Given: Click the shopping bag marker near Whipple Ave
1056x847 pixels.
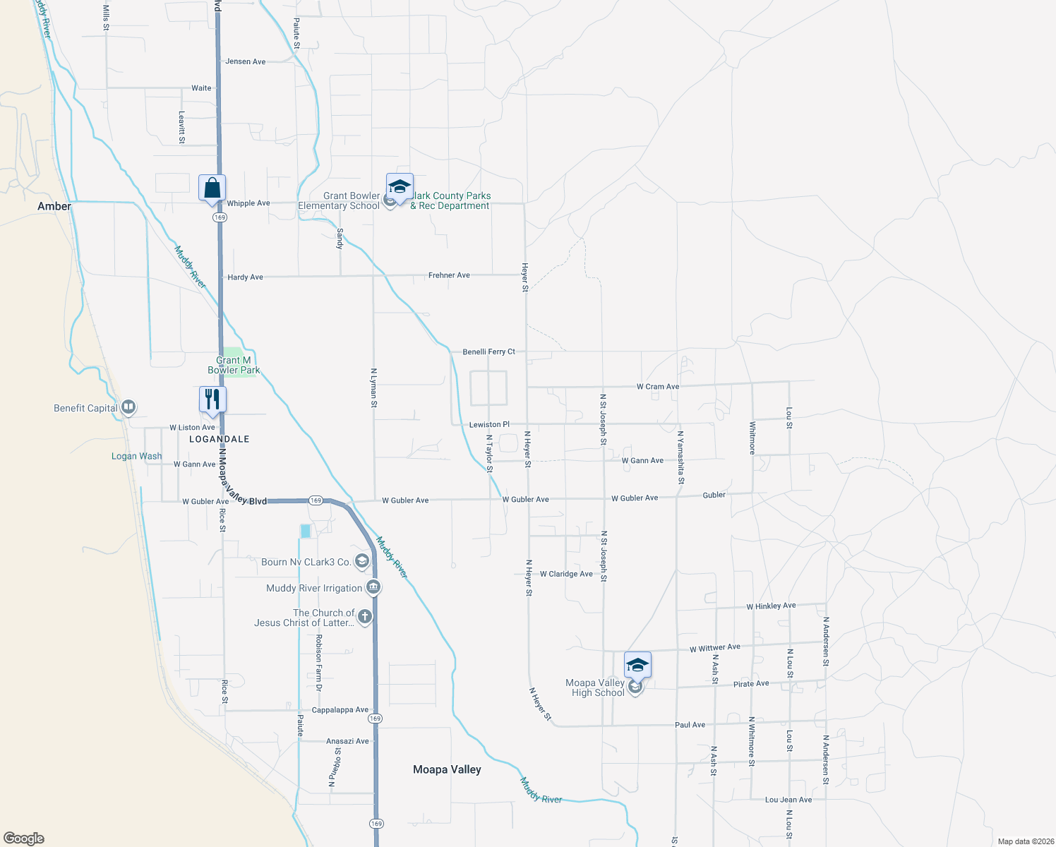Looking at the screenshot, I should point(212,189).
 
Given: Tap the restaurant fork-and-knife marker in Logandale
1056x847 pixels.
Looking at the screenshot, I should point(212,400).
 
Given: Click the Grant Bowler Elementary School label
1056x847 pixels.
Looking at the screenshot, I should point(339,201).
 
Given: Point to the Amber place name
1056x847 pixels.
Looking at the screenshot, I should point(54,207).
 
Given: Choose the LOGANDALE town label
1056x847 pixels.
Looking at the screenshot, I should point(220,439).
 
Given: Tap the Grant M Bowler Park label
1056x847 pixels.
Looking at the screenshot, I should point(234,365).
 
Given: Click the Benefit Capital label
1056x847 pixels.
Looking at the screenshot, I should point(86,408).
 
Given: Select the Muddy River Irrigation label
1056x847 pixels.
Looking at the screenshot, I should point(314,588).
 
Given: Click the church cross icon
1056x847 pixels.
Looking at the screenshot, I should point(365,617).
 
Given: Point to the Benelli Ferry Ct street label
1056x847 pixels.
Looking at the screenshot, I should point(489,352).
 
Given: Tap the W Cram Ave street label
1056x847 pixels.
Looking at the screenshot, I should point(658,387).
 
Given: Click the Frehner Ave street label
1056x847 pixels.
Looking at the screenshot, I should point(449,275).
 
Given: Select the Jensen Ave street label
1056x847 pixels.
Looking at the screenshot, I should point(246,61).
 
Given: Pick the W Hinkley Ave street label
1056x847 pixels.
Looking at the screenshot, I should point(771,606).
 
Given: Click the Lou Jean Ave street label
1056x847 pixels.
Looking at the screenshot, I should point(788,800).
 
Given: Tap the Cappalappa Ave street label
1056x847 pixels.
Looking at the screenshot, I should point(340,710).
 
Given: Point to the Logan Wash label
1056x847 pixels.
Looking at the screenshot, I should point(136,457).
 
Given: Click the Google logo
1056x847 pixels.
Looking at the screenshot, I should point(24,839).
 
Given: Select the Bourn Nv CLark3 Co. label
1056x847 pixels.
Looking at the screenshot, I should point(306,562).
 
